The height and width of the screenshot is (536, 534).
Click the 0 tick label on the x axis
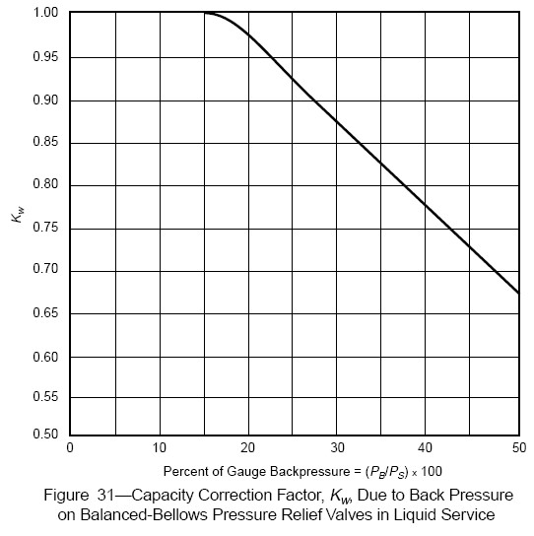click(x=69, y=447)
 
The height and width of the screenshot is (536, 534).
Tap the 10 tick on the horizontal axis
click(x=159, y=447)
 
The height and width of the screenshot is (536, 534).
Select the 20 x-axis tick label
click(x=248, y=447)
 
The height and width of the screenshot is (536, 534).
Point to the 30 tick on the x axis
click(x=338, y=447)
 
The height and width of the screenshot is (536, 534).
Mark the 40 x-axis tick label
click(x=428, y=447)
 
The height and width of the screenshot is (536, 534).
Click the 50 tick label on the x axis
click(x=516, y=447)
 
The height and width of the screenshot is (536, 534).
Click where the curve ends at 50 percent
click(x=518, y=294)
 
